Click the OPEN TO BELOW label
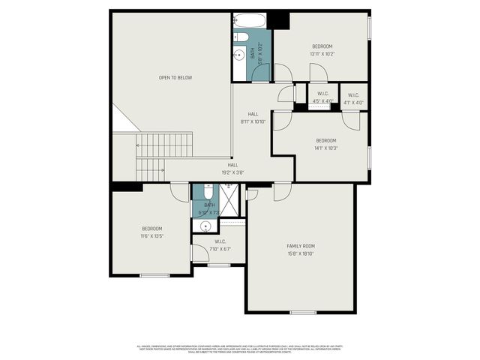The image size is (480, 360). point(175,77)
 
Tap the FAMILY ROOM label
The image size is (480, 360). point(300,246)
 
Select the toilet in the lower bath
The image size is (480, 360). point(208,190)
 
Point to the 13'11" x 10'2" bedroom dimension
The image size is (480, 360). point(322,54)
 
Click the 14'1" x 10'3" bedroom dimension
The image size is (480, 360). point(326,148)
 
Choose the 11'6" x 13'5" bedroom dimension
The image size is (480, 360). point(152,236)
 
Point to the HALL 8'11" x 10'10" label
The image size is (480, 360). point(253,118)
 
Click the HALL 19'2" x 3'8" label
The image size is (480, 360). point(233,169)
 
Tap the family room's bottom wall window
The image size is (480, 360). point(302,312)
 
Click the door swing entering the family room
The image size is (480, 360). point(282,192)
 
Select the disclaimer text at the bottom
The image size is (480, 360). point(240,349)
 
